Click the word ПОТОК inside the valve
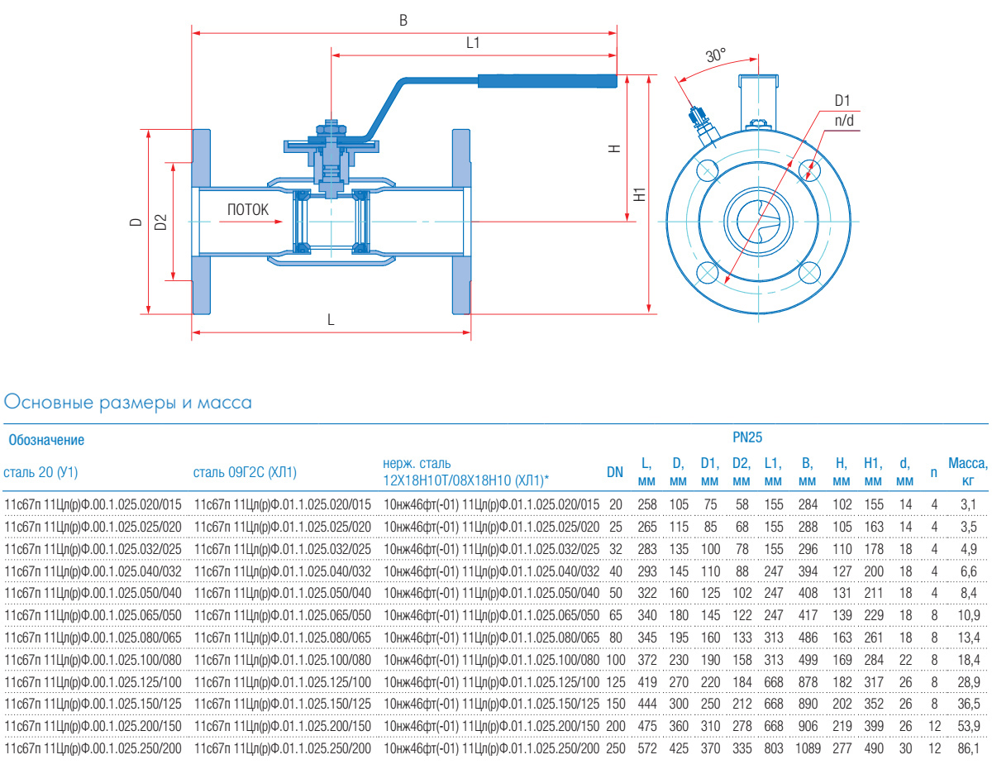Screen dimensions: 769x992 (x=248, y=210)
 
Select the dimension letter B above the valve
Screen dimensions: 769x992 (x=403, y=21)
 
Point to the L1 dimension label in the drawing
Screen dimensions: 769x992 (x=473, y=43)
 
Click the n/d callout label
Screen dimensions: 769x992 (x=843, y=121)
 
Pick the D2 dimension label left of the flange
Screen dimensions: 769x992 (x=161, y=222)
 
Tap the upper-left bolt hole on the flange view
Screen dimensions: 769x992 (x=707, y=171)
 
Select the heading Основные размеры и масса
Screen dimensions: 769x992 (x=128, y=403)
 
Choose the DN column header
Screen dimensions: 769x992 (x=615, y=472)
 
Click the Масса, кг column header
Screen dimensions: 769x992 (x=967, y=472)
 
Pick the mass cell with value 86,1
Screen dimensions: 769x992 (x=968, y=749)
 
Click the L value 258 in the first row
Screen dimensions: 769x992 (x=646, y=504)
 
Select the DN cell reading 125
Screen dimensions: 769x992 (x=615, y=682)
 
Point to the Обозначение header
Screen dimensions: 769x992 (x=46, y=440)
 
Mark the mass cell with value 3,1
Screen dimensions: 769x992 (x=968, y=504)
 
